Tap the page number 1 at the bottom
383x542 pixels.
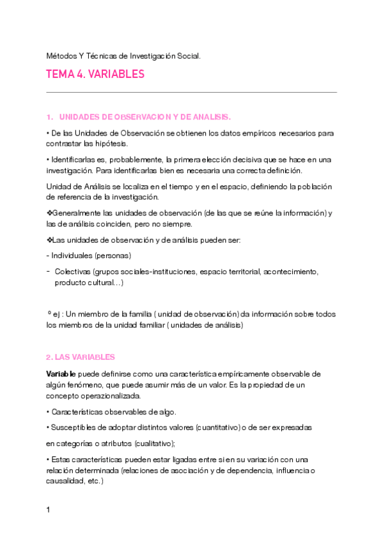tap(49, 510)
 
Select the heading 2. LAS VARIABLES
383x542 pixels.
tap(81, 357)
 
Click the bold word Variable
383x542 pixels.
tap(61, 373)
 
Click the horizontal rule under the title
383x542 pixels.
tap(192, 92)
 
